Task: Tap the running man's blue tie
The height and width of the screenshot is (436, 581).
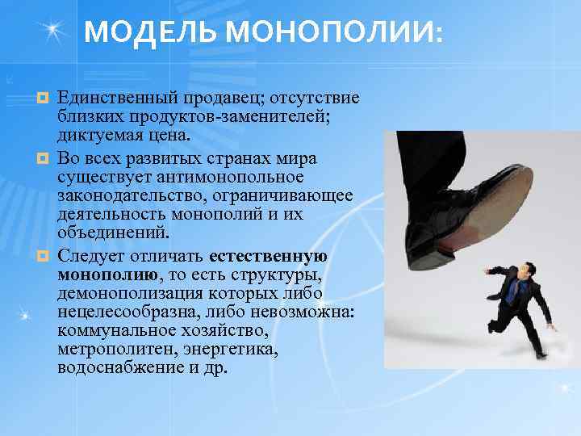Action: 512,292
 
